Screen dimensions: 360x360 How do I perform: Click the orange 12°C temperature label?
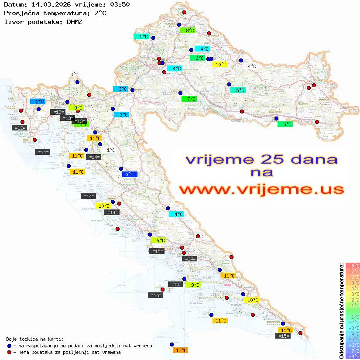[x=181, y=350]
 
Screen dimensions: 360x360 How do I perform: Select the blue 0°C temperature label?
[x=130, y=175]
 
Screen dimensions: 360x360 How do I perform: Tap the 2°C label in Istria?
[x=38, y=102]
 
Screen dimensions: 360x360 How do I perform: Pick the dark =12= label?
[x=20, y=128]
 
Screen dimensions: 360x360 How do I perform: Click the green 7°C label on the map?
[x=189, y=99]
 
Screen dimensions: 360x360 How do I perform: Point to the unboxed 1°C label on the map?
[x=111, y=150]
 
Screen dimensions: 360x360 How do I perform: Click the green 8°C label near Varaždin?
[x=188, y=31]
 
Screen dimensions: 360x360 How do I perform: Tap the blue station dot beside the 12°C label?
[x=171, y=344]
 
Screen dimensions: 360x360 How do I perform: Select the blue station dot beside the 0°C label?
[x=121, y=168]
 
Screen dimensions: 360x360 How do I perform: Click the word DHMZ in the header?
[x=75, y=21]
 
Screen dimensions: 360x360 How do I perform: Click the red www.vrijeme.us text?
[x=261, y=189]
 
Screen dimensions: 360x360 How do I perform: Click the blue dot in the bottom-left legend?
[x=9, y=346]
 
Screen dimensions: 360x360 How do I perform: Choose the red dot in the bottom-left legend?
[x=9, y=352]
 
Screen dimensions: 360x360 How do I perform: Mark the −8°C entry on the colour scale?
[x=352, y=357]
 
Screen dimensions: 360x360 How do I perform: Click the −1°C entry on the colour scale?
[x=352, y=316]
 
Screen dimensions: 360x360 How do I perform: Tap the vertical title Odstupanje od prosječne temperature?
[x=341, y=310]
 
